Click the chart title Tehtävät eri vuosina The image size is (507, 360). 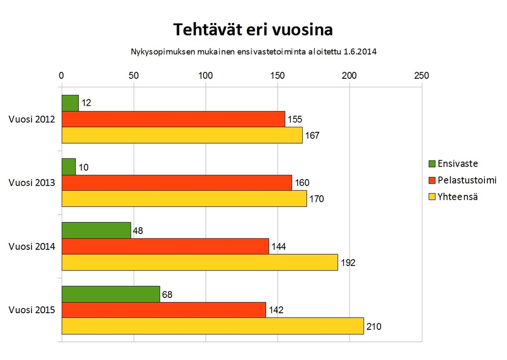point(253,30)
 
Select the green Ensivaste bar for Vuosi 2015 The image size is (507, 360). point(111,294)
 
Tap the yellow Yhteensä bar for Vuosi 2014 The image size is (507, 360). point(199,262)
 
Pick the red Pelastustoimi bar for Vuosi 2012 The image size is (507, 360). point(173,119)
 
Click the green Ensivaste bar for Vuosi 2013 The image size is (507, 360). point(68,166)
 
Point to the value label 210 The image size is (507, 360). point(374,326)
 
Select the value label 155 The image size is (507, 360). point(294,119)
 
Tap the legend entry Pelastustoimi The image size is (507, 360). point(467,180)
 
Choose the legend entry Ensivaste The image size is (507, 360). point(457,164)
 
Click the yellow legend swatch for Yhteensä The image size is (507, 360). point(431,197)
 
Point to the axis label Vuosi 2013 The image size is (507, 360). point(32,183)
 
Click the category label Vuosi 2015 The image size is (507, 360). point(32,310)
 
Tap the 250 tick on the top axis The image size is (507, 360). point(421,76)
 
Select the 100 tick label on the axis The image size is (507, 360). point(205,76)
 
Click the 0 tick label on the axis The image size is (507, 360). point(62,76)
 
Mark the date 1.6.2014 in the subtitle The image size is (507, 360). point(360,51)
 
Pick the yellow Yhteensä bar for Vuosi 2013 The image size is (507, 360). point(184,198)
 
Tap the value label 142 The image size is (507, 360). point(276,310)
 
